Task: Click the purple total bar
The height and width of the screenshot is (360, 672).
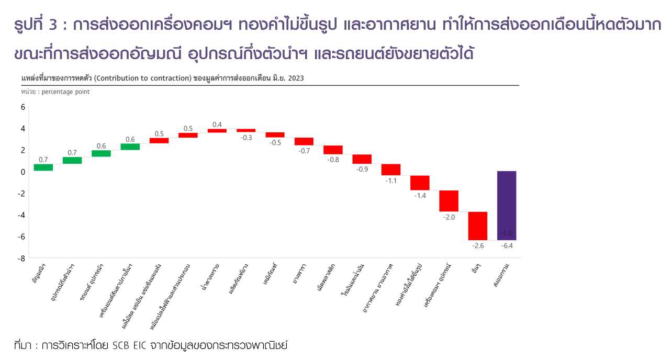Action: (507, 205)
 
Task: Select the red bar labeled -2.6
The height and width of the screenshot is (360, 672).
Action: (478, 226)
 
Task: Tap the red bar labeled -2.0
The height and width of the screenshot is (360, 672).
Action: (449, 201)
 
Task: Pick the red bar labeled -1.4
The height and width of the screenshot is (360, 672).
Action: (420, 183)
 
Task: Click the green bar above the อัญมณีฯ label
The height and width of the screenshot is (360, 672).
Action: (43, 167)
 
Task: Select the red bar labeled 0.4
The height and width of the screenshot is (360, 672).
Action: (217, 130)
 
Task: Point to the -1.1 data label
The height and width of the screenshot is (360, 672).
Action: (391, 181)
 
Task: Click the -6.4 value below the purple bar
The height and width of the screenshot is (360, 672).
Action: (507, 245)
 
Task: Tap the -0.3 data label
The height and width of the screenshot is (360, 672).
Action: (246, 138)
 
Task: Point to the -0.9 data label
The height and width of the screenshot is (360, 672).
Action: (362, 169)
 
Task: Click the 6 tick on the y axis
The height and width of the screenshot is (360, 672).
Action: (23, 107)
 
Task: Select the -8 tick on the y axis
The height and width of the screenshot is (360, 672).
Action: (21, 258)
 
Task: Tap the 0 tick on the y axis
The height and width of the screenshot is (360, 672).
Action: (23, 172)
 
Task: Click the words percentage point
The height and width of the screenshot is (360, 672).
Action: (65, 92)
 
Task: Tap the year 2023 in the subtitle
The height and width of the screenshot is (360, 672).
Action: (295, 78)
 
